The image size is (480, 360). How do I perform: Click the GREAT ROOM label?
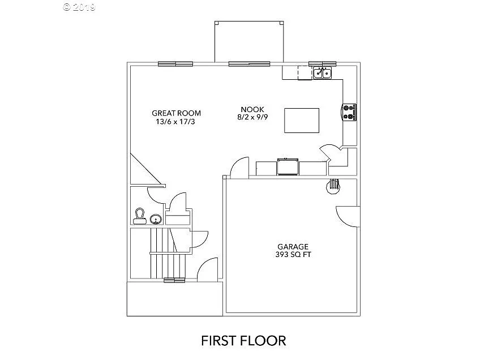point(176,113)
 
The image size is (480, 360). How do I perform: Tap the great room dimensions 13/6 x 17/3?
point(176,121)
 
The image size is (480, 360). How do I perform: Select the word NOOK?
point(252,110)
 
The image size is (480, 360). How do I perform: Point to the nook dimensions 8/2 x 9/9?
point(252,118)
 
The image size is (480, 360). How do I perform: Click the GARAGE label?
point(293,247)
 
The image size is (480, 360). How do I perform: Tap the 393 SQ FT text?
point(293,255)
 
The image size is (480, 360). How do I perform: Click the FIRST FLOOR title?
point(243,340)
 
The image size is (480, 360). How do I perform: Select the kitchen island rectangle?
point(301,119)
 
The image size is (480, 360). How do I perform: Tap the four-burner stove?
point(349,112)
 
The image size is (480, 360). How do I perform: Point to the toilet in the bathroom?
point(139,216)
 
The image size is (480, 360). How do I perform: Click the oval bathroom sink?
point(156,219)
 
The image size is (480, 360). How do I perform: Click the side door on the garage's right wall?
point(346,216)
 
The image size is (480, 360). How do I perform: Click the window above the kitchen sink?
point(323,63)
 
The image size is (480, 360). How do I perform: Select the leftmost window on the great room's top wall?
point(175,63)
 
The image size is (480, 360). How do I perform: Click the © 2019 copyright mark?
point(80,7)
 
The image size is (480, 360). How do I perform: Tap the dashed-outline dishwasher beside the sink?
point(305,73)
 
